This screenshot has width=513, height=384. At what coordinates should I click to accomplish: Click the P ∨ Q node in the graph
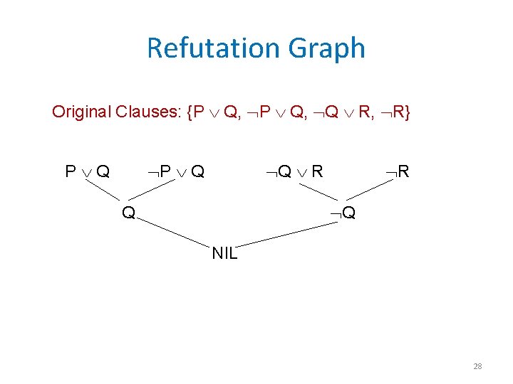tap(87, 171)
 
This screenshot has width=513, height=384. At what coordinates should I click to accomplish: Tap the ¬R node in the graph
tap(397, 171)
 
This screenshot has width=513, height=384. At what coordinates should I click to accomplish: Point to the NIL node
tap(224, 253)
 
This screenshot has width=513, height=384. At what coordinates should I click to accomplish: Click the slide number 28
tap(477, 366)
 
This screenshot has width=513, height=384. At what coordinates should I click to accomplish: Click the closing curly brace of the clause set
tap(406, 112)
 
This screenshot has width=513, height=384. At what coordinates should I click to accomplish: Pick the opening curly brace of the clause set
tap(189, 112)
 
